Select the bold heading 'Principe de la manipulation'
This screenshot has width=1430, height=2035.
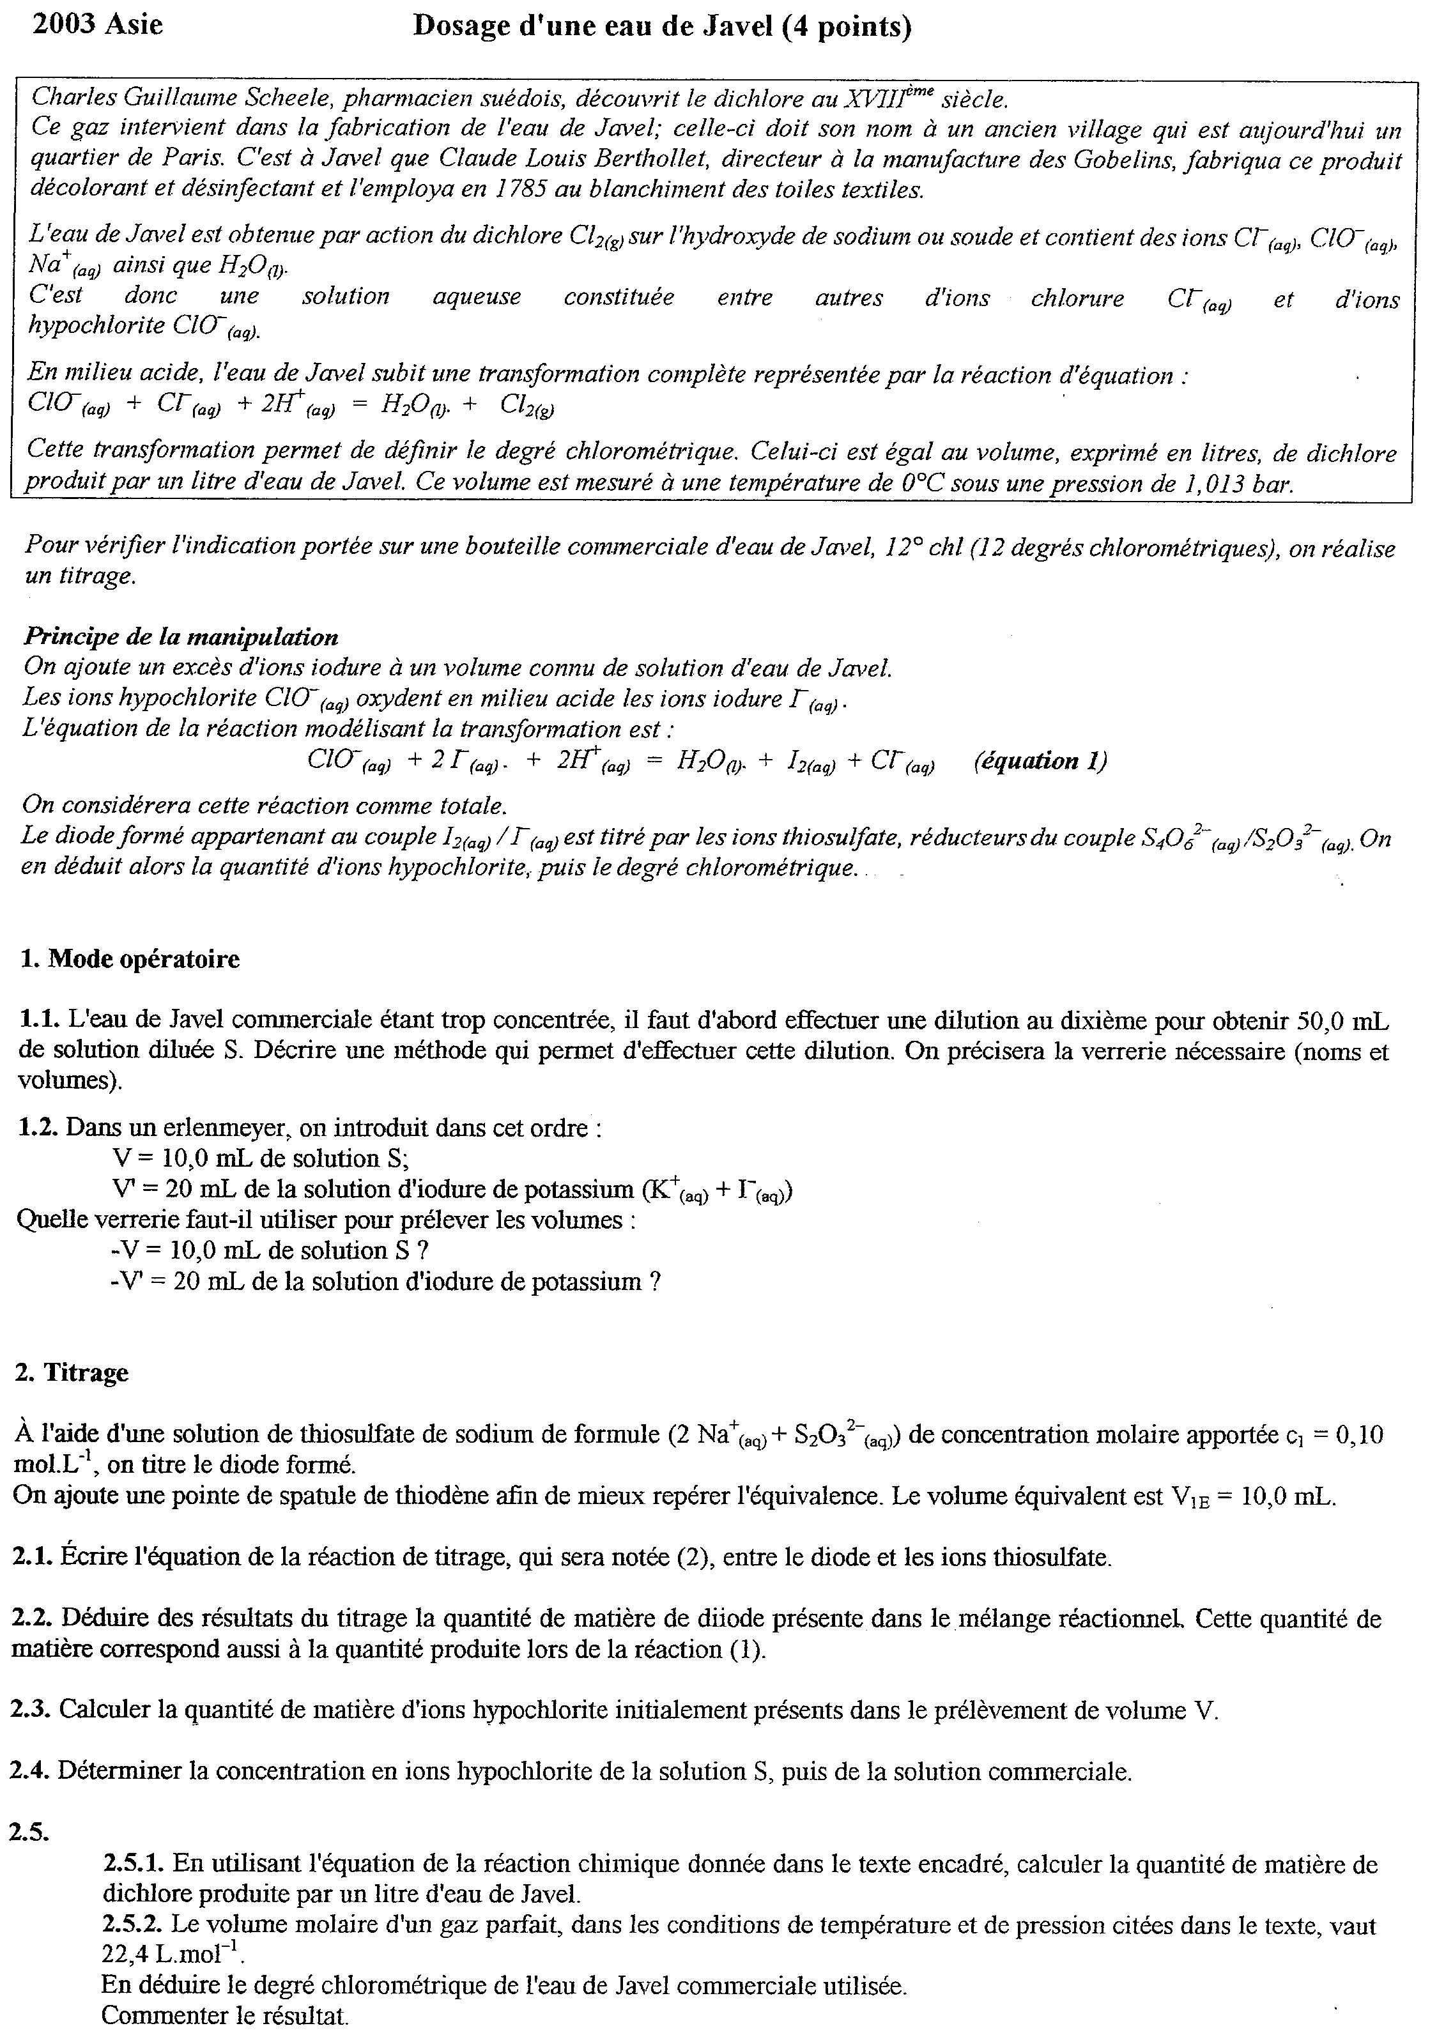181,636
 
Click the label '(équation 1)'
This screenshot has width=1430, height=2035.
1039,760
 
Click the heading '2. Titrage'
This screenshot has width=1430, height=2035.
72,1373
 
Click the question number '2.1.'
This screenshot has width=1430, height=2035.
33,1557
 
